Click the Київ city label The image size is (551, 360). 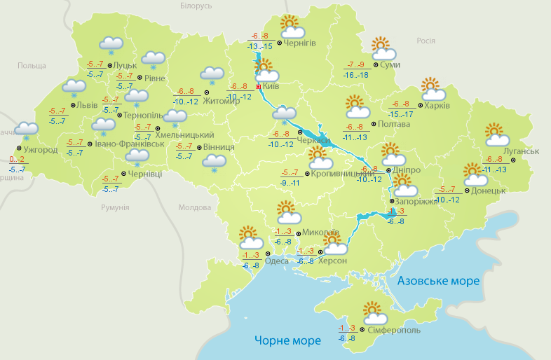pyautogui.click(x=271, y=87)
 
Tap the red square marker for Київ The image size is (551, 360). pyautogui.click(x=258, y=87)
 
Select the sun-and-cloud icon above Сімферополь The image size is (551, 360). pyautogui.click(x=372, y=313)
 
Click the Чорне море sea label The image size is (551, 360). pyautogui.click(x=287, y=340)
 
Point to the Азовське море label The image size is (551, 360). pyautogui.click(x=438, y=281)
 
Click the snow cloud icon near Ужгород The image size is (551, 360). pyautogui.click(x=27, y=130)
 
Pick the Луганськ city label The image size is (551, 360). pyautogui.click(x=521, y=151)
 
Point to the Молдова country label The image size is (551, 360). pyautogui.click(x=194, y=208)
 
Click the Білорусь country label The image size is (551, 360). pyautogui.click(x=196, y=6)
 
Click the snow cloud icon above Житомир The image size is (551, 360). pyautogui.click(x=212, y=75)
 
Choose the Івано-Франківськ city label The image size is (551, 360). pyautogui.click(x=129, y=144)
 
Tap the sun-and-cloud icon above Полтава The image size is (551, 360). pyautogui.click(x=358, y=108)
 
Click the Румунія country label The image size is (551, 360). pyautogui.click(x=115, y=208)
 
